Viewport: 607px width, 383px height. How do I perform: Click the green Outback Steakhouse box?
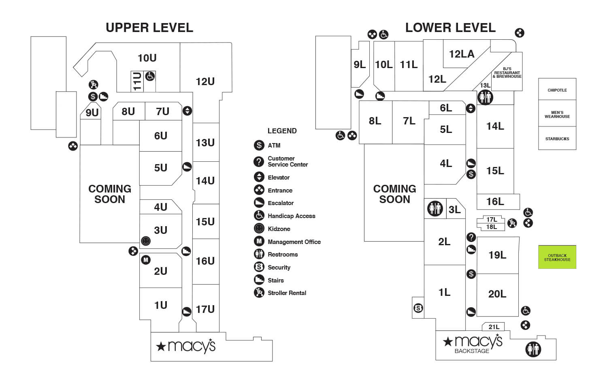pos(557,257)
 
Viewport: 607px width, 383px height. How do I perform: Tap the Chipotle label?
pos(557,90)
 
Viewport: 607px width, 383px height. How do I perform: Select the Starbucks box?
pos(557,139)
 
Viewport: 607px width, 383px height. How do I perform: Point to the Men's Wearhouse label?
pos(557,114)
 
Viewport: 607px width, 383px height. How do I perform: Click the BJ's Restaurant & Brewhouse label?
pos(507,73)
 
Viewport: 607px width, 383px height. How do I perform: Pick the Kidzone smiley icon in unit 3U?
pos(146,241)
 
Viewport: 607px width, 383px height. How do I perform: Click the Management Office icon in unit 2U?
pos(146,260)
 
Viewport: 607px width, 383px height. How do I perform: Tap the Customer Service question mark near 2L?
pos(471,237)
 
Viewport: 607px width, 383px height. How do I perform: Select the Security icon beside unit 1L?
pos(418,308)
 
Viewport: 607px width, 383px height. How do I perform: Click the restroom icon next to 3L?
pos(435,209)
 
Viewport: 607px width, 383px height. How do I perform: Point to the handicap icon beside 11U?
pos(150,76)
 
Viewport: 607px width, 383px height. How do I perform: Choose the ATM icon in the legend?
pos(259,145)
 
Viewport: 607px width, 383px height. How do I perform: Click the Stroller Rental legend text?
pos(287,293)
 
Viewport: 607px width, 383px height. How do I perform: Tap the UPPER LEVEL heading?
pos(149,28)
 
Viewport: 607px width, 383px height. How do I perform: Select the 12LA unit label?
pos(461,54)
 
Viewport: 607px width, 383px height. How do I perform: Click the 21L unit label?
pos(494,327)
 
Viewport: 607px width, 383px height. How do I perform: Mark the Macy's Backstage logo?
pos(473,344)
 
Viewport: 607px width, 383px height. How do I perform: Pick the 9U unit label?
pos(92,113)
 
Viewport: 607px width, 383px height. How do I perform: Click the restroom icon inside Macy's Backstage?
pos(533,349)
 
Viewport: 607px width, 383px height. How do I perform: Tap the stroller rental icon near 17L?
pos(512,223)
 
